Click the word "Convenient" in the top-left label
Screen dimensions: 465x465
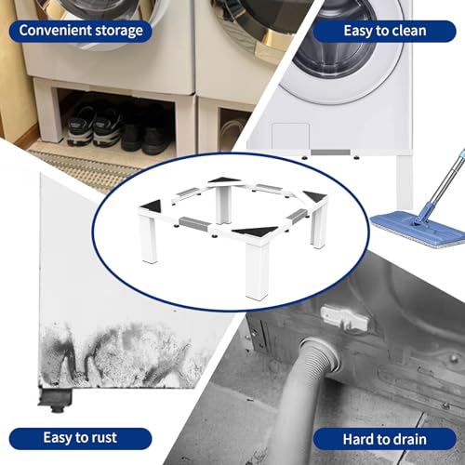point(55,31)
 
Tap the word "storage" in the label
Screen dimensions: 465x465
point(119,32)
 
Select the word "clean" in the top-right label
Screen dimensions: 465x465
point(409,31)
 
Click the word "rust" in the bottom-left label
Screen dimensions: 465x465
point(101,438)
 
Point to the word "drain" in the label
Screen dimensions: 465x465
point(407,439)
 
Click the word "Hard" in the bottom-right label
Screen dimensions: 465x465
point(357,439)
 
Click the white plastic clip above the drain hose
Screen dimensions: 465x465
point(344,317)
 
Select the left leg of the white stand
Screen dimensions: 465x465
point(149,239)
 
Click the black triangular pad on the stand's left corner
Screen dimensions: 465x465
point(153,206)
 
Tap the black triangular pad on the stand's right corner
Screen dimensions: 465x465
point(316,196)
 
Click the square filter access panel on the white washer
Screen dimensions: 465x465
point(290,136)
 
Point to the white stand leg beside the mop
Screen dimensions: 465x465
point(405,181)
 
